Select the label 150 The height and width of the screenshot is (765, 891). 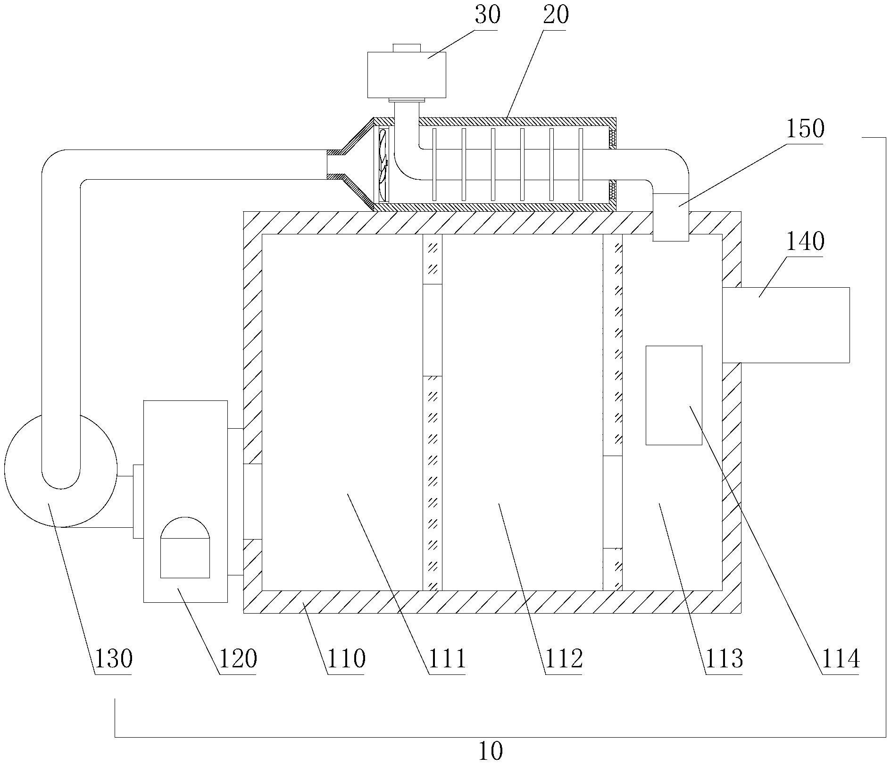[x=805, y=128]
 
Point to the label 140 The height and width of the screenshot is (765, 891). [x=805, y=242]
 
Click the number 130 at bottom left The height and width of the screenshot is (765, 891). [x=113, y=658]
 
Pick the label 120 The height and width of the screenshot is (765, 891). [x=238, y=658]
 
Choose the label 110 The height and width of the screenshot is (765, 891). [x=346, y=658]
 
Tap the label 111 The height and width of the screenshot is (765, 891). [x=447, y=658]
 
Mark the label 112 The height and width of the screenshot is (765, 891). [x=564, y=658]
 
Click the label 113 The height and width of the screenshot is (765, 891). [x=724, y=658]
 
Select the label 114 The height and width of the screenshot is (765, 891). [x=841, y=658]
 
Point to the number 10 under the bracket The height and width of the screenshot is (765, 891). [x=491, y=751]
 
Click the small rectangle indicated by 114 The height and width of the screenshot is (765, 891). [x=674, y=395]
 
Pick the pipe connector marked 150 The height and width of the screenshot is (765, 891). [x=670, y=217]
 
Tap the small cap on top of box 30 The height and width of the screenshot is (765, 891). [x=407, y=48]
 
